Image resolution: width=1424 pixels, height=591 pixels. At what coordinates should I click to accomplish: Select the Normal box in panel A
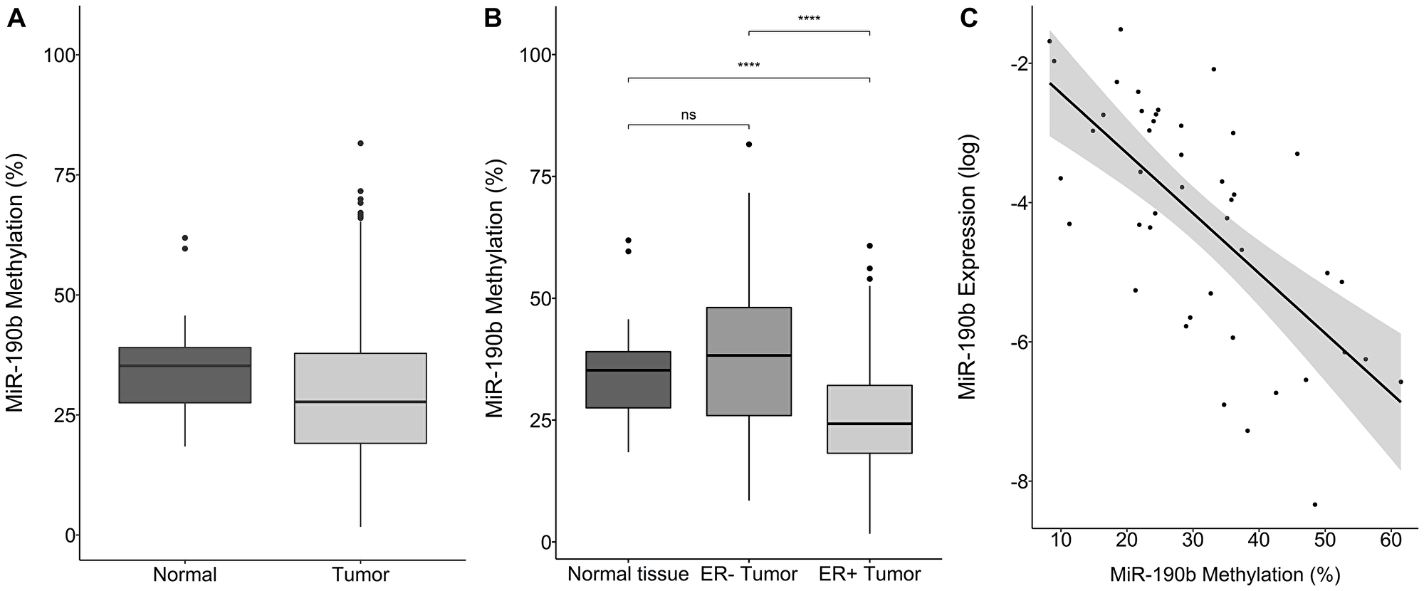pyautogui.click(x=185, y=375)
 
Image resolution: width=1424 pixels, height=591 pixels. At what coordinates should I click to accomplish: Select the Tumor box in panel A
pyautogui.click(x=360, y=398)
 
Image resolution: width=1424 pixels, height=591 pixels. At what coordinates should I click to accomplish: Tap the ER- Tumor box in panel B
pyautogui.click(x=749, y=362)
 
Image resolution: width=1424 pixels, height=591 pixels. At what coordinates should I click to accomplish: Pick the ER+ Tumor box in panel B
pyautogui.click(x=869, y=419)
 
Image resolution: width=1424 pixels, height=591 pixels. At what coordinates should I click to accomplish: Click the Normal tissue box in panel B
pyautogui.click(x=629, y=380)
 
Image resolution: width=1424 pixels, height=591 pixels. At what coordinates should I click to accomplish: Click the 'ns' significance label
pyautogui.click(x=689, y=115)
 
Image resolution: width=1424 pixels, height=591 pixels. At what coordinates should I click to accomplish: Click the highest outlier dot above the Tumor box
pyautogui.click(x=360, y=143)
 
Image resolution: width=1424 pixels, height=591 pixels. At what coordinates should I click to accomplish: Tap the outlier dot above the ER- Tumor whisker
pyautogui.click(x=749, y=144)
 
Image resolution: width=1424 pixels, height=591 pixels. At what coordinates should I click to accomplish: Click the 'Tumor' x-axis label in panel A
pyautogui.click(x=360, y=574)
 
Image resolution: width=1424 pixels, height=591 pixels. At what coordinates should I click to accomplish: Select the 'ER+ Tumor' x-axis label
pyautogui.click(x=869, y=574)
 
